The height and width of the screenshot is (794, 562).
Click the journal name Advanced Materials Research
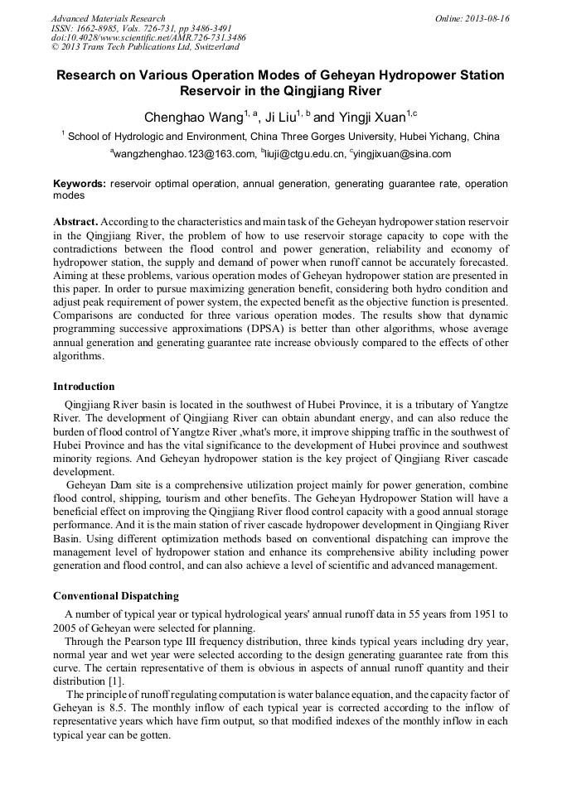(108, 18)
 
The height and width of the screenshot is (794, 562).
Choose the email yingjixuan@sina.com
(403, 154)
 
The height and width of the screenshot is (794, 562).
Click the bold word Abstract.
(75, 223)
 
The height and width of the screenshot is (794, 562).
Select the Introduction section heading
(84, 387)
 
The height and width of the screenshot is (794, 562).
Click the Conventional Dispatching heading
(115, 596)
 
